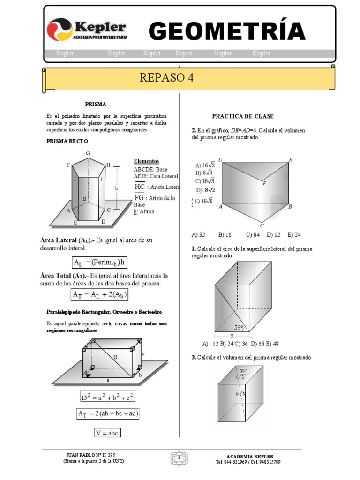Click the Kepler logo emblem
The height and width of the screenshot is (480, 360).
click(60, 30)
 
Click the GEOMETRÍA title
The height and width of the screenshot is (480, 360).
click(227, 31)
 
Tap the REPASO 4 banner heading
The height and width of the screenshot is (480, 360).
click(166, 78)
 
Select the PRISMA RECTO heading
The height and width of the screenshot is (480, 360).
click(67, 141)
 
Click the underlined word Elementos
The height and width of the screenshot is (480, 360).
click(146, 161)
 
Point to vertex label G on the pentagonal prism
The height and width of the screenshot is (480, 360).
click(88, 153)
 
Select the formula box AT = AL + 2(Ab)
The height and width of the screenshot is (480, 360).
click(100, 294)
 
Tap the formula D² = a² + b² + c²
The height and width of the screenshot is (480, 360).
click(108, 397)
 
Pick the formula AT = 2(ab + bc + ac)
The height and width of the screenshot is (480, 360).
click(108, 413)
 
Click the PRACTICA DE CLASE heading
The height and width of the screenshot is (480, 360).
click(243, 116)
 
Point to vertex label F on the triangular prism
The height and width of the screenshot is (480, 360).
click(264, 184)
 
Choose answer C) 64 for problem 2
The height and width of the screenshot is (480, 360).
click(253, 234)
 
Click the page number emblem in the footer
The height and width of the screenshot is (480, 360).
click(179, 457)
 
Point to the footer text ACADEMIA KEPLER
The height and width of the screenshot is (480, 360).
click(250, 456)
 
